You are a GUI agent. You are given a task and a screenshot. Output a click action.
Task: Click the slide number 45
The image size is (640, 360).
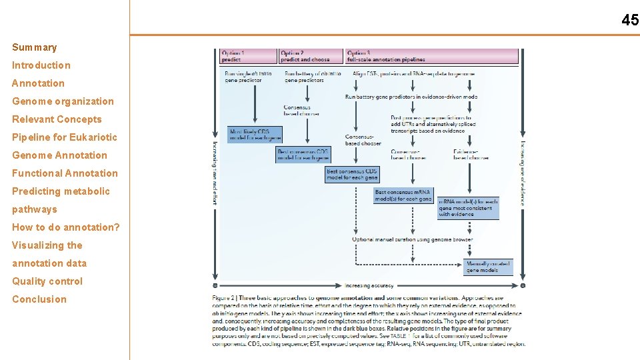[629, 20]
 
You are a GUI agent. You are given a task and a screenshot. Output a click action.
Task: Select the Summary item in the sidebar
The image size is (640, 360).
[35, 47]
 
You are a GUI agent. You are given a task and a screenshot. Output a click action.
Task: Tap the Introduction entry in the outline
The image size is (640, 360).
[41, 65]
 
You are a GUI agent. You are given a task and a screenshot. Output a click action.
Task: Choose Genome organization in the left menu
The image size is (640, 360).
[63, 101]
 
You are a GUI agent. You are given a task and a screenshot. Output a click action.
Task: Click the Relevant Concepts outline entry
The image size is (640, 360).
[57, 119]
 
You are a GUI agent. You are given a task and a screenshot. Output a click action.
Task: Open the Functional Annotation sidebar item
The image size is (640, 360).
[65, 173]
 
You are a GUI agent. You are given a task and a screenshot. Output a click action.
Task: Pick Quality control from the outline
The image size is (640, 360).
[47, 281]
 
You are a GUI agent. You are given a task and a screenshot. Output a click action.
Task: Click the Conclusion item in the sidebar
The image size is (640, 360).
[39, 299]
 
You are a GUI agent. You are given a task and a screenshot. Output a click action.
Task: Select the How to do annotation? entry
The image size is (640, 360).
[66, 227]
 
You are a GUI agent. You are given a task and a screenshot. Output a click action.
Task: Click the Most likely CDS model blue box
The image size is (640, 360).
[255, 134]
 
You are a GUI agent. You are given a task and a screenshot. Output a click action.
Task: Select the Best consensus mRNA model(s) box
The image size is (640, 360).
[403, 195]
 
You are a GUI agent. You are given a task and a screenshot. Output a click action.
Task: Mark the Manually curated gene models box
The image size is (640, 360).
[489, 267]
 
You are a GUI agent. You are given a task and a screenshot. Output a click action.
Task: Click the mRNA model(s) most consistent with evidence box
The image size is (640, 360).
[468, 207]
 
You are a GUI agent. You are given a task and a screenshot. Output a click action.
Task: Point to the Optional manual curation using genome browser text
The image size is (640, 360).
[413, 239]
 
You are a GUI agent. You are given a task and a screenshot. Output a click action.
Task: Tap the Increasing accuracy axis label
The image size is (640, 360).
[369, 285]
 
